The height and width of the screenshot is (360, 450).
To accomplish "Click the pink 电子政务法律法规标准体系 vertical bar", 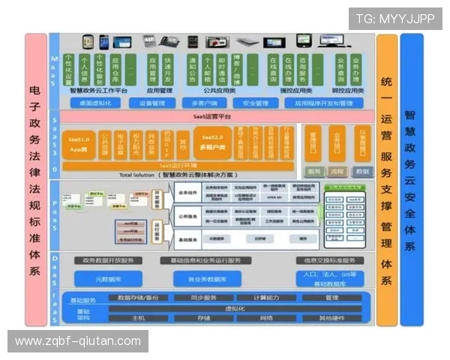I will click(35, 180).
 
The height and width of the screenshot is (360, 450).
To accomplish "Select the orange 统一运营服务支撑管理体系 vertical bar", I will click(386, 180).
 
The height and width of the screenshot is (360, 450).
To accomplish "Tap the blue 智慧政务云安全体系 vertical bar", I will click(411, 180).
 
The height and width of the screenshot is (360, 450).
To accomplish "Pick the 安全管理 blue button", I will click(256, 103).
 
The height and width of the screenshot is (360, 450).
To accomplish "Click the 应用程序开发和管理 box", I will click(323, 103).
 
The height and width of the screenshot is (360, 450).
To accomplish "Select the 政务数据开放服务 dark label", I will click(107, 260).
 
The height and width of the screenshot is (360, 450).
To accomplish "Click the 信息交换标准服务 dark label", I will click(325, 260).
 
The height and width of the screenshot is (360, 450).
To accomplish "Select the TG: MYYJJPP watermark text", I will click(395, 19).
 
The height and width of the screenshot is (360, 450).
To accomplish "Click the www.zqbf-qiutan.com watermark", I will click(78, 341).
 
